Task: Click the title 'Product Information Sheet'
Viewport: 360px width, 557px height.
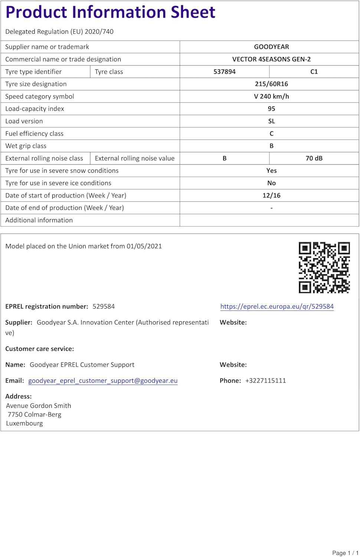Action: click(110, 12)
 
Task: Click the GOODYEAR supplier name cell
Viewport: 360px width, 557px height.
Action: click(271, 47)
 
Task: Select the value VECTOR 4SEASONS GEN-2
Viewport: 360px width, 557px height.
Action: click(271, 59)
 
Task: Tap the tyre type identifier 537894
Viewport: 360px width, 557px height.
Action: click(224, 72)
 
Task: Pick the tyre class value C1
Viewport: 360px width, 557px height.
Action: click(314, 72)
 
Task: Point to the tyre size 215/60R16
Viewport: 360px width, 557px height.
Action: click(271, 84)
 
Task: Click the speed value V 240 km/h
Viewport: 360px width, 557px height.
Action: click(271, 97)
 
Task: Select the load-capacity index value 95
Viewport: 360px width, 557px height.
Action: click(271, 109)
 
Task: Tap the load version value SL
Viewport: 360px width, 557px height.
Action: click(271, 121)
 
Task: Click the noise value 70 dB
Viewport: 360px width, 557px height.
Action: click(314, 158)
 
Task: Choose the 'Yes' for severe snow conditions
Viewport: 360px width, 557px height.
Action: click(271, 171)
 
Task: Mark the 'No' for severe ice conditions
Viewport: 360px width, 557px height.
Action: click(271, 183)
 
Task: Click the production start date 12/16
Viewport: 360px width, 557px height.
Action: click(271, 195)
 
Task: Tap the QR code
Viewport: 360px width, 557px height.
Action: click(324, 267)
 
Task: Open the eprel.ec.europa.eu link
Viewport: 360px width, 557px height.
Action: click(277, 306)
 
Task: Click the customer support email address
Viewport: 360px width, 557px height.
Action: click(103, 381)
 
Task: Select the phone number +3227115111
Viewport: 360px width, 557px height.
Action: click(265, 381)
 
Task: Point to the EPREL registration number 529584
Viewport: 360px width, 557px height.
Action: click(104, 306)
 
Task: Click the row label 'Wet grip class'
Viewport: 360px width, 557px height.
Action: click(26, 146)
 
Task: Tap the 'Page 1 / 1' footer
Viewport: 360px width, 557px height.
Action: click(345, 553)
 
